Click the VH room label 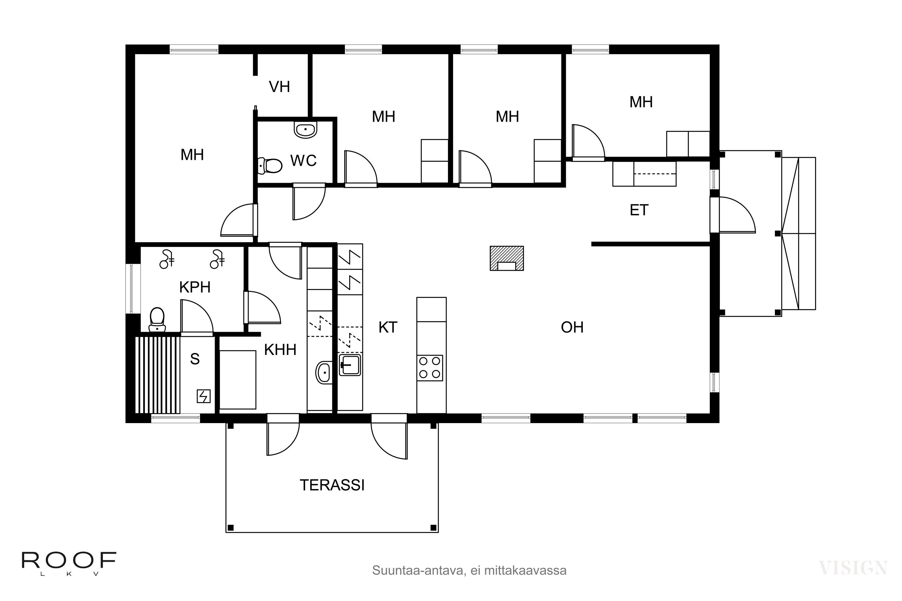279,87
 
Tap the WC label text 303,160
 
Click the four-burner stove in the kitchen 430,368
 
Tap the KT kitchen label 388,327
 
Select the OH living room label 572,327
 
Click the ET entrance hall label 639,210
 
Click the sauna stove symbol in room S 204,396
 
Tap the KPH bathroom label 195,287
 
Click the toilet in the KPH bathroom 157,319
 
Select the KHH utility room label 280,349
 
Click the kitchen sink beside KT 350,365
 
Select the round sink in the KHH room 324,372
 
